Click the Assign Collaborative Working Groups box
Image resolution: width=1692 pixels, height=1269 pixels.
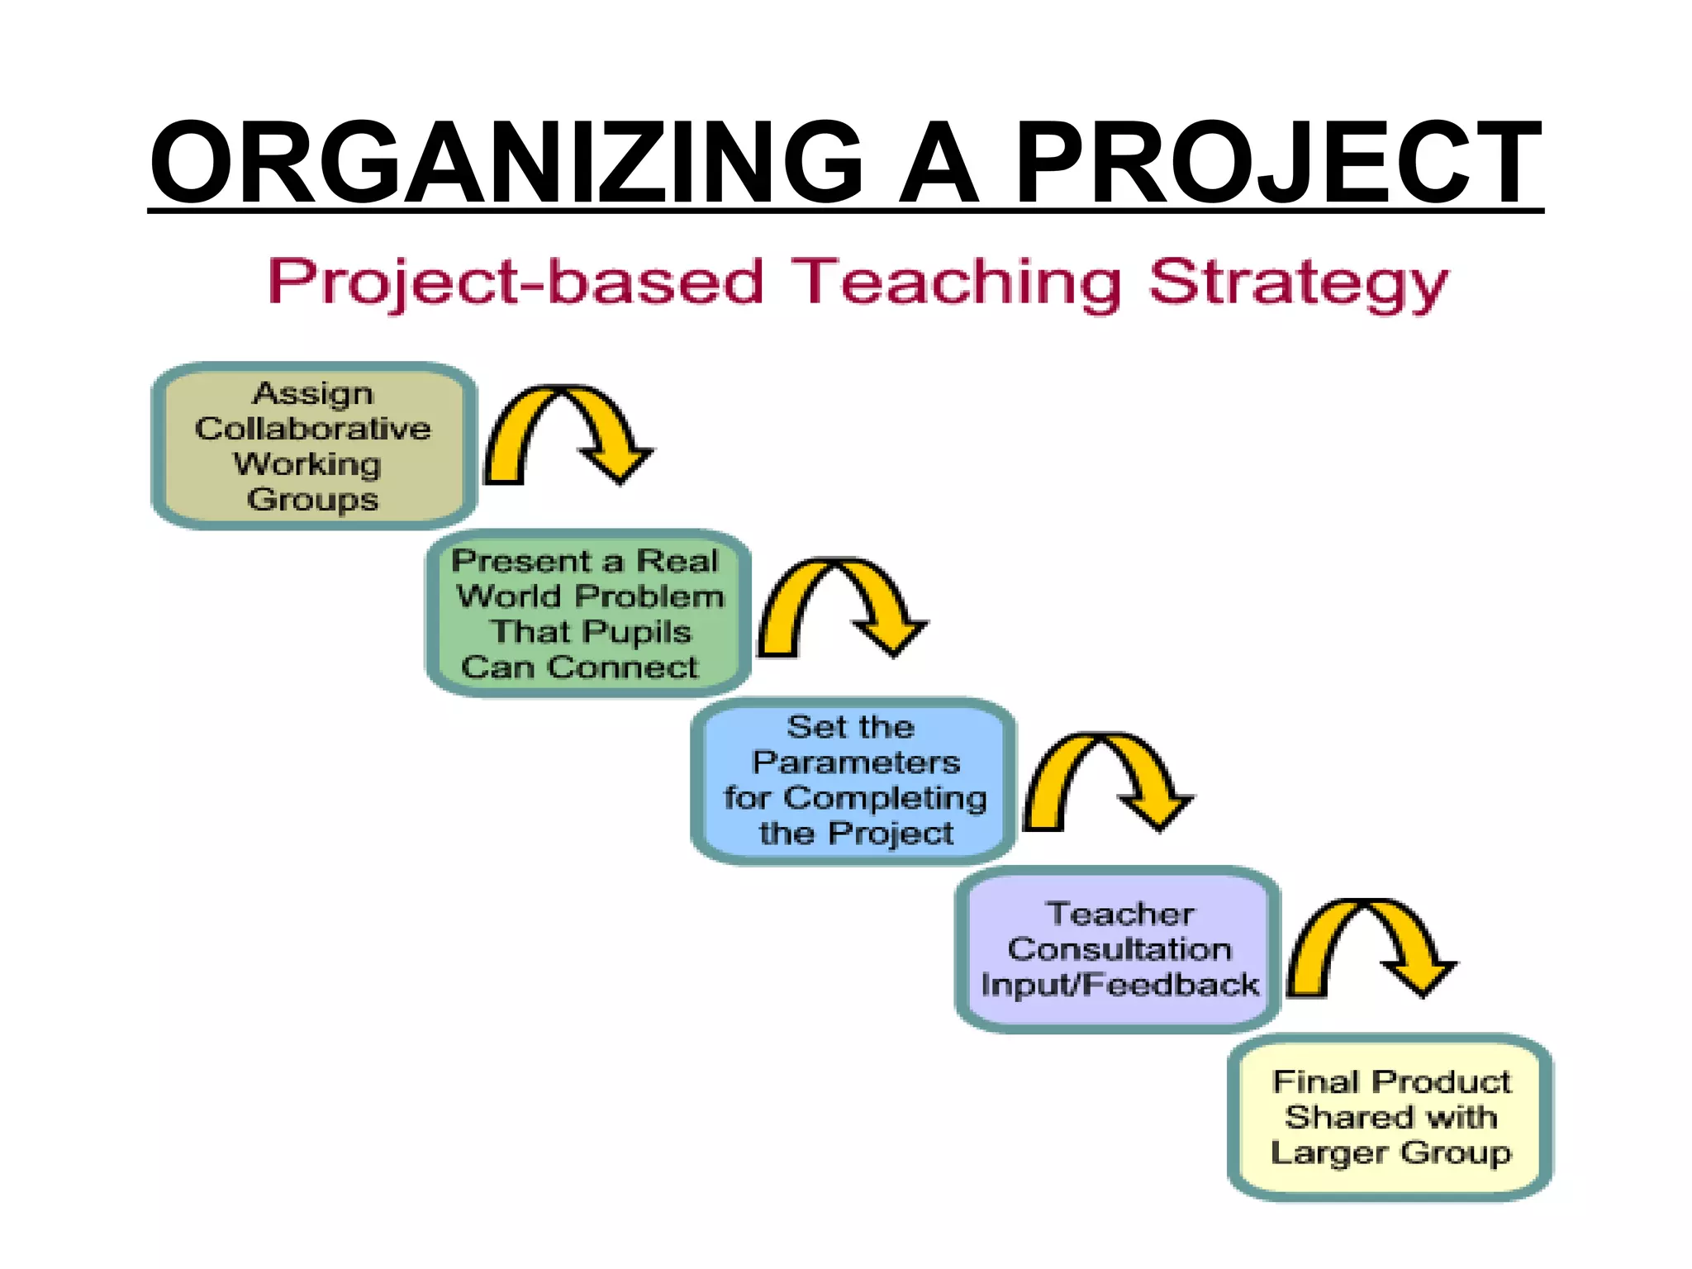(314, 446)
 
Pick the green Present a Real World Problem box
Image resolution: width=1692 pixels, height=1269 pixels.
(588, 613)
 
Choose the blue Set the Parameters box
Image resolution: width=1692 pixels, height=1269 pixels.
(854, 781)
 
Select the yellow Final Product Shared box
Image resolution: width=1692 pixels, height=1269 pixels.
(1391, 1117)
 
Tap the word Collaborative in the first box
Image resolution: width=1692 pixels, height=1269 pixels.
(313, 429)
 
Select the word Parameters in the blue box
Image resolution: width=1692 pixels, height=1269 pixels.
(856, 763)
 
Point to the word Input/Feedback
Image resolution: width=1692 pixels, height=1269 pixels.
(1119, 985)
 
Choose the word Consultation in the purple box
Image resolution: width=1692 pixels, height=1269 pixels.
(1119, 949)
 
